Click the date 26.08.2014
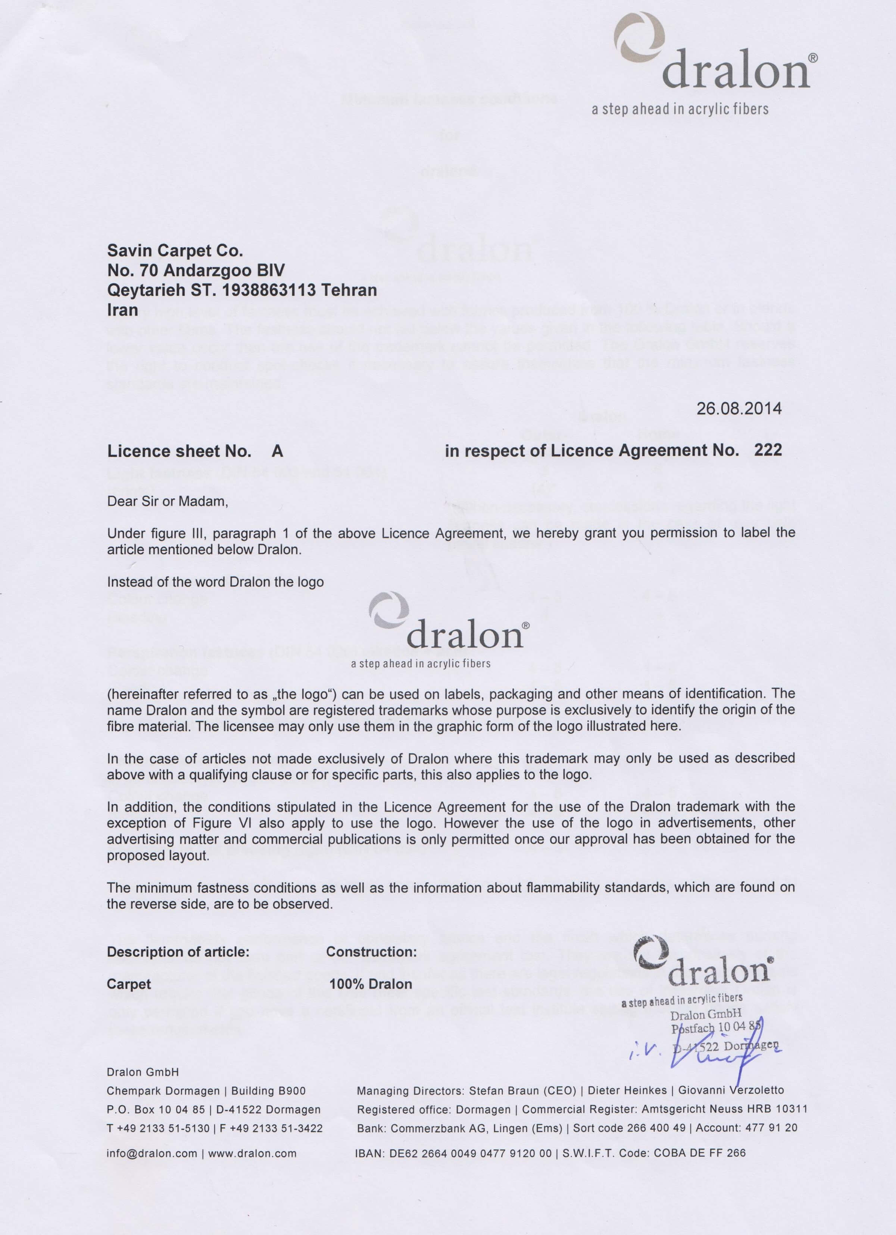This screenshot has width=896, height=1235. click(x=739, y=408)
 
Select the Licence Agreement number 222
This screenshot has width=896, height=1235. click(x=768, y=450)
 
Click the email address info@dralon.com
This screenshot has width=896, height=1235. click(x=152, y=1153)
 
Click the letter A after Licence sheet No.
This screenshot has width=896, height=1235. click(x=277, y=451)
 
